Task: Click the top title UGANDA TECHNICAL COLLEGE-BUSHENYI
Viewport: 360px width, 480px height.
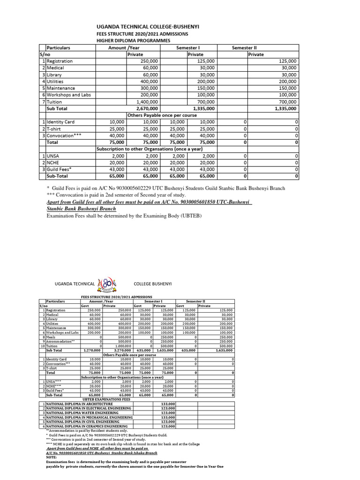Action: point(148,28)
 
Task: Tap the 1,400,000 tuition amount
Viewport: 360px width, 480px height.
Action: point(147,101)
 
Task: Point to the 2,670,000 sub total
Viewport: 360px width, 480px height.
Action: point(146,108)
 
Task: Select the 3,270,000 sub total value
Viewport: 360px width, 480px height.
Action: point(121,350)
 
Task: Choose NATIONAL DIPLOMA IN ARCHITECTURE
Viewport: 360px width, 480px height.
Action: point(79,403)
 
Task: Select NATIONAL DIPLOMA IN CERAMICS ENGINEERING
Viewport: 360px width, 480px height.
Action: point(87,426)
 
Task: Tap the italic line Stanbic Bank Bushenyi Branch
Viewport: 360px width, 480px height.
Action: point(81,209)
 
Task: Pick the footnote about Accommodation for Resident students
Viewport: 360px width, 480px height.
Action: point(86,430)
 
